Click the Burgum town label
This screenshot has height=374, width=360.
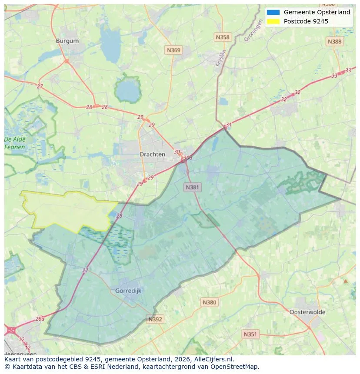coord(67,41)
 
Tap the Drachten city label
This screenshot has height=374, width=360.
coord(152,154)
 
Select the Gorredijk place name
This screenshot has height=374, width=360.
coord(128,291)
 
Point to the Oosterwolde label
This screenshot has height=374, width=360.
coord(307,312)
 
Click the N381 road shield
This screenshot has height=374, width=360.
coord(192,187)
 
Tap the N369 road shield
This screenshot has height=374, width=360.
coord(173,50)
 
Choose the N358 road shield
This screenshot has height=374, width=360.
coord(223,37)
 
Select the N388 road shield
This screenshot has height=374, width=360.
coord(334,41)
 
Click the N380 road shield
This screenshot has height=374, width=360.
coord(209,302)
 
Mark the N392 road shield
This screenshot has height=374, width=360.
coord(155,319)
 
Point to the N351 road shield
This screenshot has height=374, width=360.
coord(250,334)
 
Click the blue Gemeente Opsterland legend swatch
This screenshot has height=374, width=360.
coord(273,13)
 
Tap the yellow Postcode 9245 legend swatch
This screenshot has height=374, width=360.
coord(273,21)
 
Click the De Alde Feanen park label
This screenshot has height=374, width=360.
coord(15,143)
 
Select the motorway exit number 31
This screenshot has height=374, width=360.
coord(229,125)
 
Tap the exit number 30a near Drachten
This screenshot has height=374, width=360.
coord(187,158)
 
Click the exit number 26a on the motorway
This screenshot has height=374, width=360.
coord(40,318)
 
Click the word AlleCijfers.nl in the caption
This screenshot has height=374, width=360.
coord(213,359)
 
